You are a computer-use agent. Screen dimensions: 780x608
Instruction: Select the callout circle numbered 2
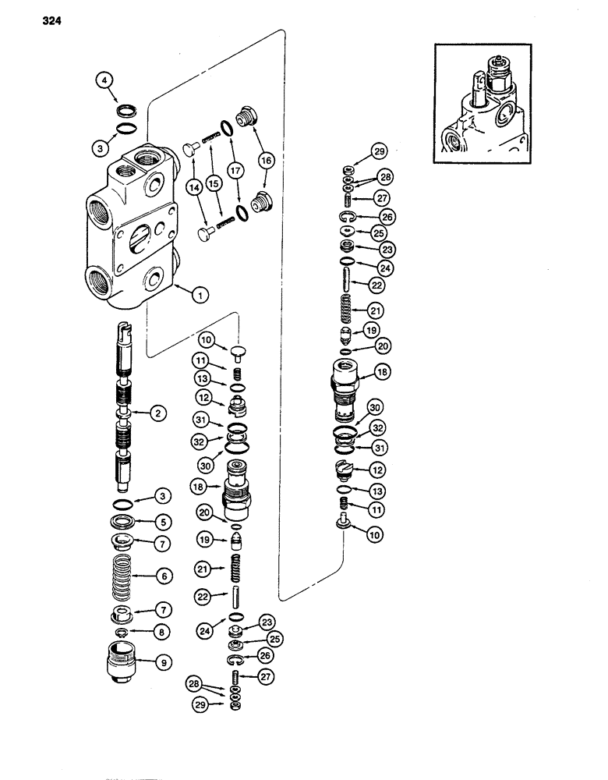tap(159, 414)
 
